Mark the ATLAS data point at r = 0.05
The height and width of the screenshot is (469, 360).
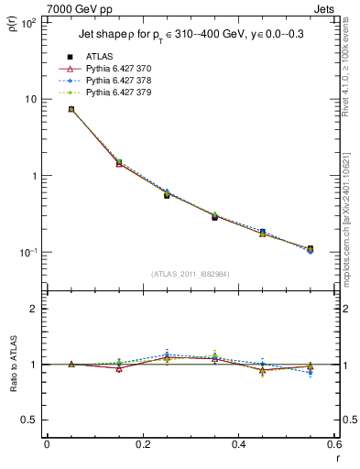[x=71, y=109]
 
